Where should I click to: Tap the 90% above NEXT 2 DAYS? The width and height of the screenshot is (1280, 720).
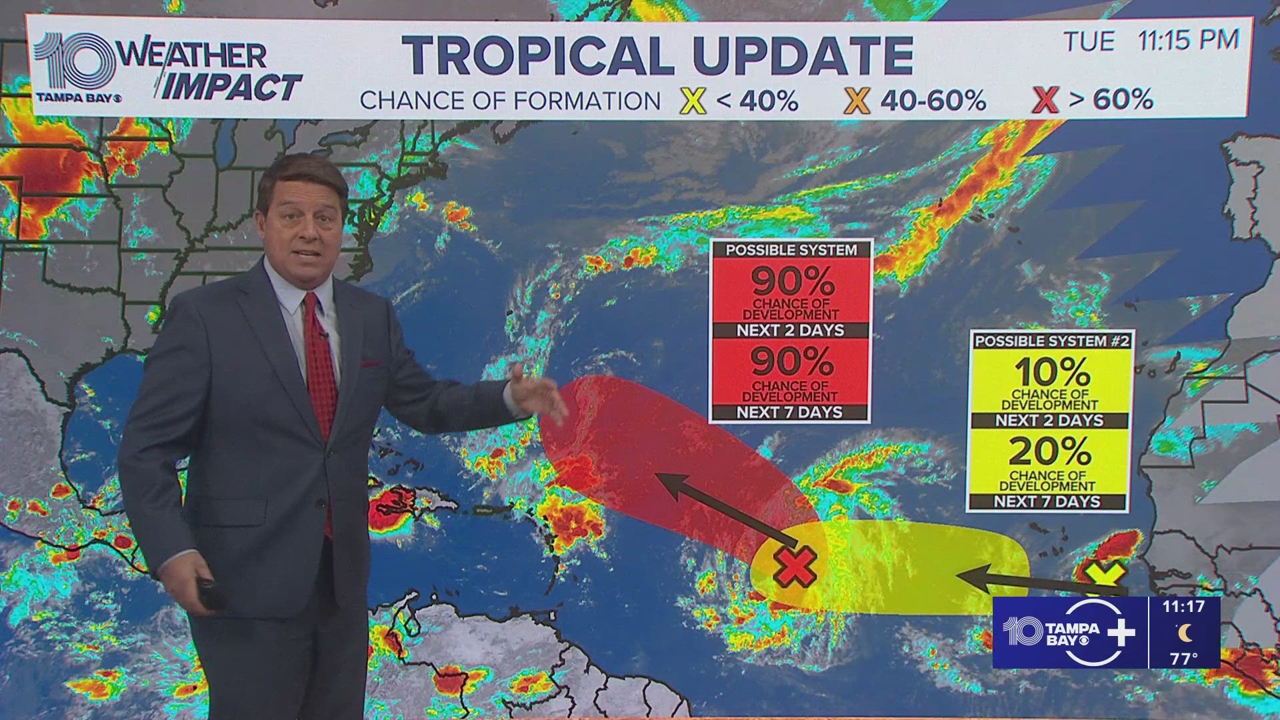[792, 281]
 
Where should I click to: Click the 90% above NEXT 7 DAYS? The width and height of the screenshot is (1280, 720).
[792, 363]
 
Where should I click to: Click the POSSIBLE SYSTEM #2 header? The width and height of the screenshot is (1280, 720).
[1051, 341]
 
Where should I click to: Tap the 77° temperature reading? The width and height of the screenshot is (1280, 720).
[1183, 659]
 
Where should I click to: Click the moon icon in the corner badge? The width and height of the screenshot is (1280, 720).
[1185, 631]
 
